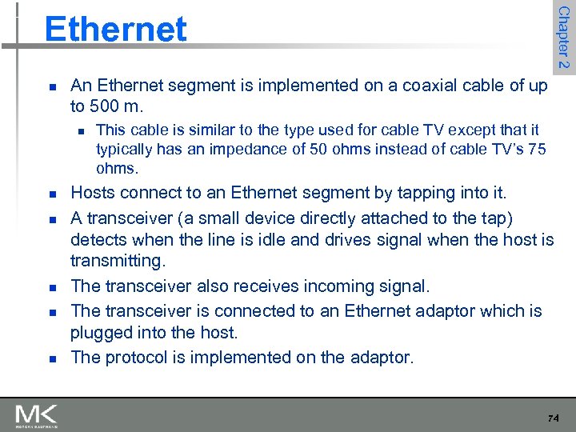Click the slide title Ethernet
point(116,29)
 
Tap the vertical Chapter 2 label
point(563,37)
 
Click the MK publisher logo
point(37,416)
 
